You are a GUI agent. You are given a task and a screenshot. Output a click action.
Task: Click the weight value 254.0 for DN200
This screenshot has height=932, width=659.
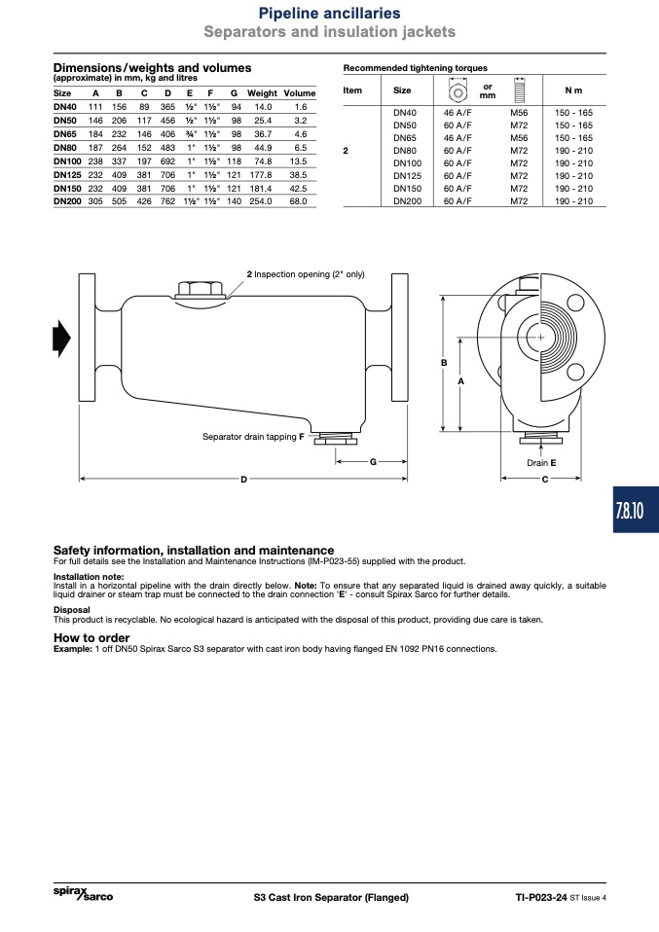pos(261,201)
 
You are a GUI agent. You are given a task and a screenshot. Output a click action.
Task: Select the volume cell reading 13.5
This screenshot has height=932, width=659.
pos(298,161)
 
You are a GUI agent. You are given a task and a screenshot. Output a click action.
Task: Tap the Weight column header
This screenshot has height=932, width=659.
pos(262,93)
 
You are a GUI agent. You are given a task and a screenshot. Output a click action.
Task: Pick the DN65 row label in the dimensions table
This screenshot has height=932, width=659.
pos(65,134)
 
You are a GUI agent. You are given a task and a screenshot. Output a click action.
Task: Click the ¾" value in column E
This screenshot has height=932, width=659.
pos(191,134)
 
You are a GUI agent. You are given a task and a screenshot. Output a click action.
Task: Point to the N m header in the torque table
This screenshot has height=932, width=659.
pos(573,90)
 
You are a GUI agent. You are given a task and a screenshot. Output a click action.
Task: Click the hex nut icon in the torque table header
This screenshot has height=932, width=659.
pos(458,92)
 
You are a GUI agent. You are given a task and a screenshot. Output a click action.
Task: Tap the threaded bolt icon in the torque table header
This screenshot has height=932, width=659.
pos(519,90)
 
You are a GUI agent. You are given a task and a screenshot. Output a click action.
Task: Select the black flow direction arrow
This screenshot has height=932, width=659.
pos(62,339)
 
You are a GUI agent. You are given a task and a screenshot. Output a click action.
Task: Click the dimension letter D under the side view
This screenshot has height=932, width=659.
pos(244,480)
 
